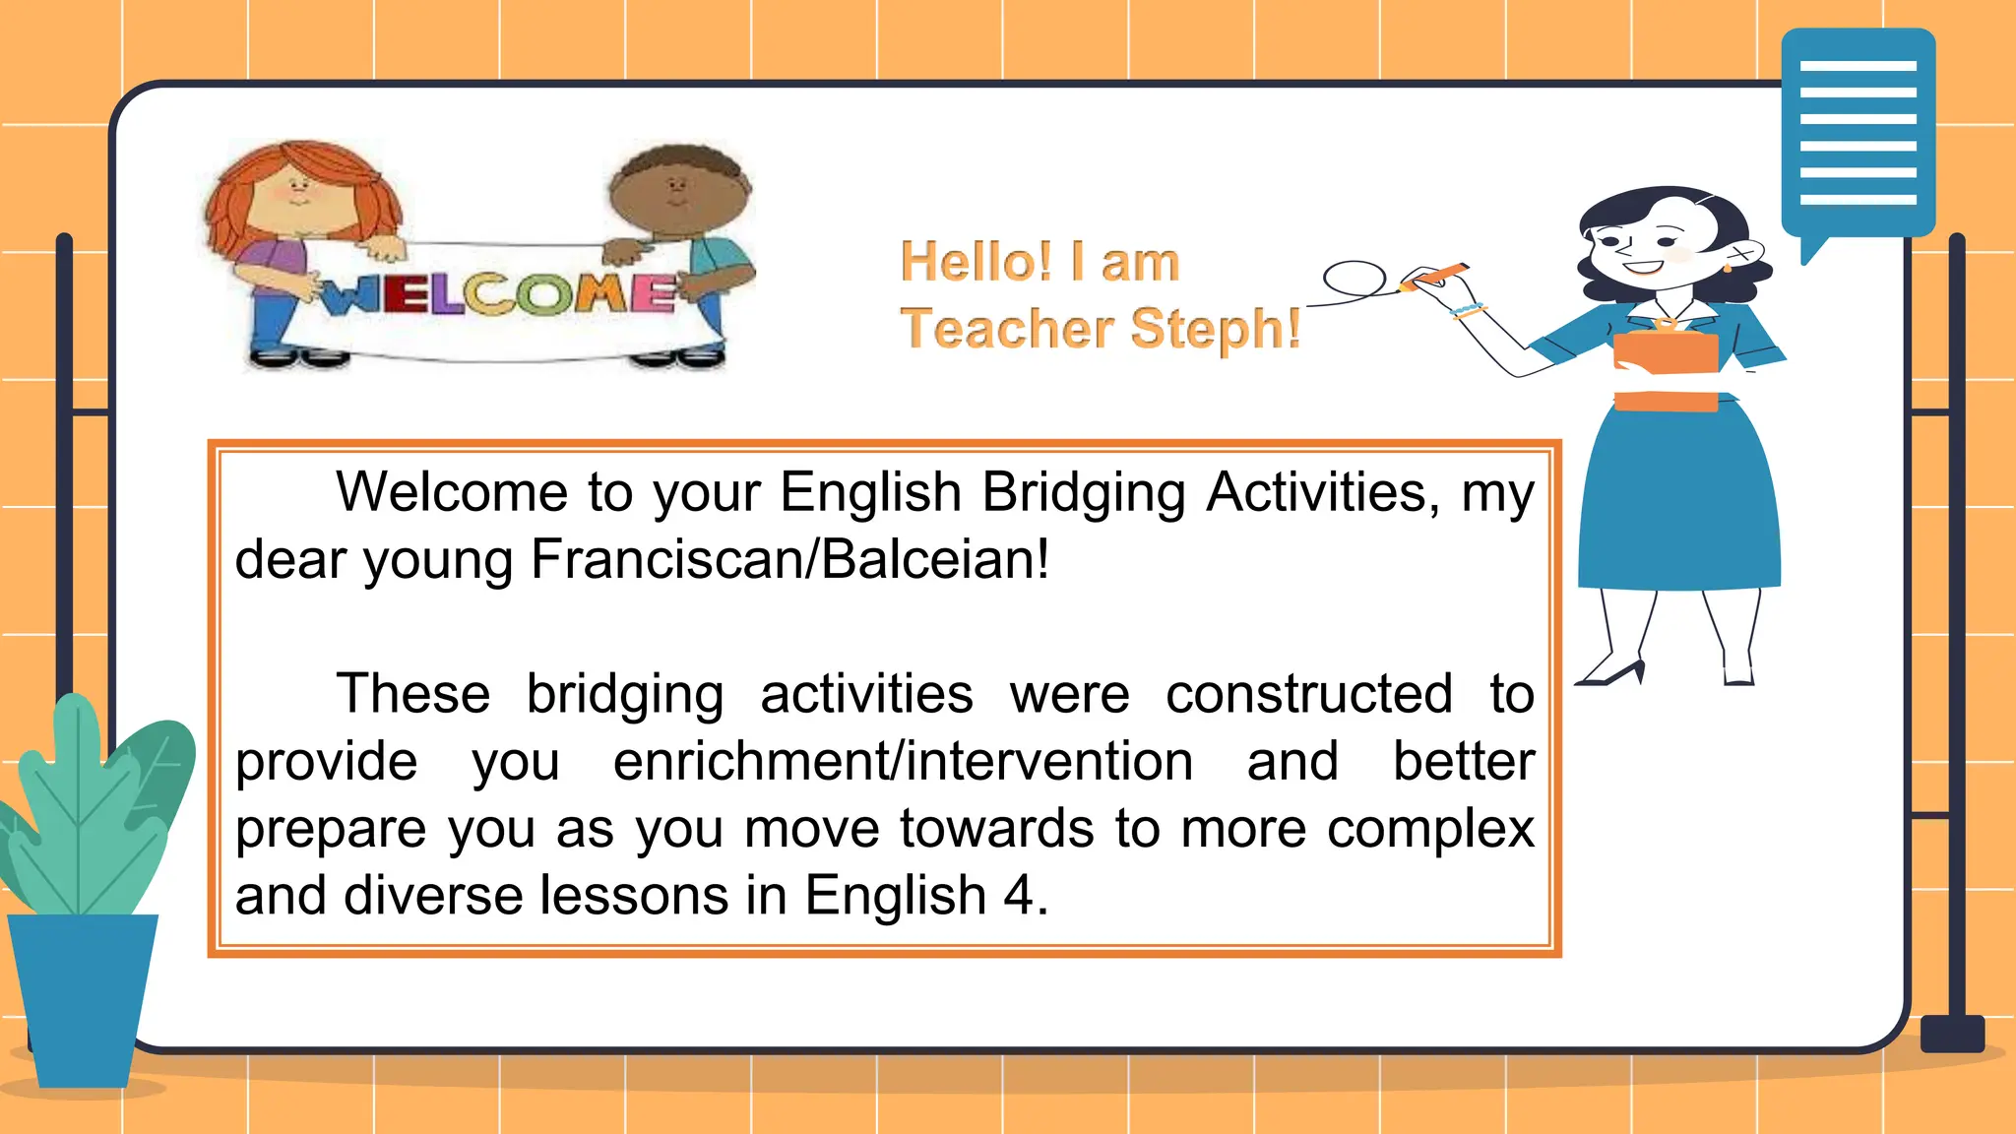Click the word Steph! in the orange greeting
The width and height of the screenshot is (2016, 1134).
1216,329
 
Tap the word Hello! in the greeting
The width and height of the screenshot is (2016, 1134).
976,262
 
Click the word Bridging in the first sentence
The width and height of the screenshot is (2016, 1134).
1084,491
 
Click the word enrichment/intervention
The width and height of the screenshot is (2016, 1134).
903,761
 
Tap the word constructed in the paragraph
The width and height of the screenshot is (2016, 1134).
1309,693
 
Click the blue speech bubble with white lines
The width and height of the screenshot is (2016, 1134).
1858,134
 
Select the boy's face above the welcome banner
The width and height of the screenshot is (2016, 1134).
678,192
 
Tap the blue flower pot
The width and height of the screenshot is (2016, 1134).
83,994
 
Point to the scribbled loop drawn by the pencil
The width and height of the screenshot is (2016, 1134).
1354,279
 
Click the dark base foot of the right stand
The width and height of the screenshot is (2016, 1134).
1952,1034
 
